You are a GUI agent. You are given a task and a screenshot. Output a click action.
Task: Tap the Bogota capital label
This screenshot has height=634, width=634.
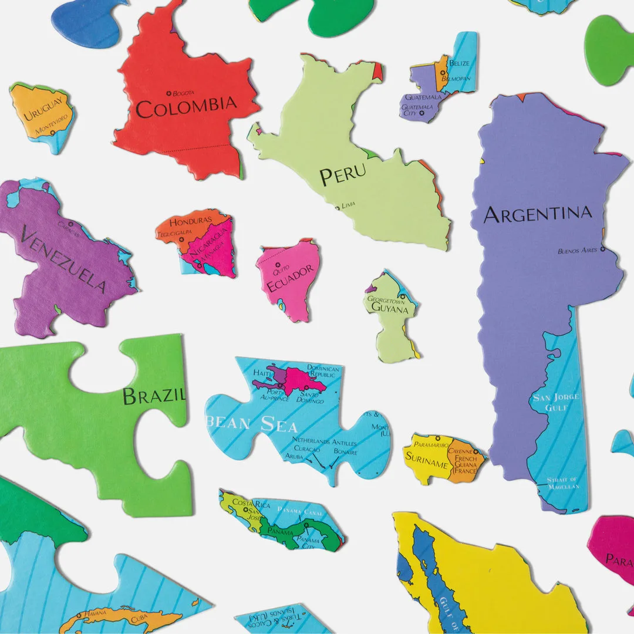coord(183,93)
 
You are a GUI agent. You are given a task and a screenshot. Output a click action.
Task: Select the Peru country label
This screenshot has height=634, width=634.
coord(342,174)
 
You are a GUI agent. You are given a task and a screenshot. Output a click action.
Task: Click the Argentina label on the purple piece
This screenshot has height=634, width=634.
coord(537,214)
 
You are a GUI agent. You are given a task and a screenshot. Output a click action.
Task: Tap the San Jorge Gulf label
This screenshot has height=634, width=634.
coord(555,402)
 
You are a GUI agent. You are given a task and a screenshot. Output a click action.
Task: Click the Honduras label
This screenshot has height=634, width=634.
coord(190,221)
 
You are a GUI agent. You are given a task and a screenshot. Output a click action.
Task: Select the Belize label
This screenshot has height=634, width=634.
coord(459,63)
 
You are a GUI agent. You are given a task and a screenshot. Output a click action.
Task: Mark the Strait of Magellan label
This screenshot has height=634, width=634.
coord(562,483)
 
